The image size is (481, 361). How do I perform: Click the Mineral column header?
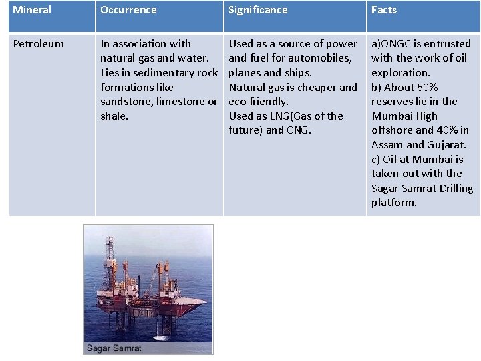pyautogui.click(x=32, y=10)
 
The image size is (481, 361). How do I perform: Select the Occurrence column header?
pyautogui.click(x=128, y=10)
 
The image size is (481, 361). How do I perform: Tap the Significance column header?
pyautogui.click(x=258, y=10)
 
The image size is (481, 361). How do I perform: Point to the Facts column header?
pyautogui.click(x=384, y=10)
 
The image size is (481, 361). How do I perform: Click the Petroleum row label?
pyautogui.click(x=39, y=44)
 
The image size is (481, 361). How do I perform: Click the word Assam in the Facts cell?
pyautogui.click(x=388, y=145)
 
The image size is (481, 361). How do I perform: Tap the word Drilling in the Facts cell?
pyautogui.click(x=452, y=189)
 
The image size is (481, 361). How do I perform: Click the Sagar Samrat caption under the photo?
pyautogui.click(x=114, y=348)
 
